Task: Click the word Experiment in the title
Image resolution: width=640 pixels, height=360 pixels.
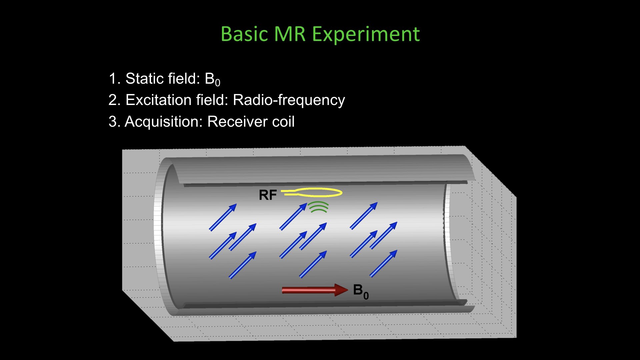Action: [366, 34]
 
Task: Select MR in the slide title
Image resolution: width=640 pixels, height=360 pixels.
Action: [290, 34]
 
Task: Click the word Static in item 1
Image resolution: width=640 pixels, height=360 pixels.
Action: [144, 79]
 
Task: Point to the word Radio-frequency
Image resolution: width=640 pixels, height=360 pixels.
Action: [289, 100]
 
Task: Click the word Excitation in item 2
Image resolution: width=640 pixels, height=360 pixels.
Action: [158, 100]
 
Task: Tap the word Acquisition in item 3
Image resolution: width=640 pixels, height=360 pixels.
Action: [163, 122]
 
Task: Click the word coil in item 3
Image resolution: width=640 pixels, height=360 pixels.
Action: [283, 122]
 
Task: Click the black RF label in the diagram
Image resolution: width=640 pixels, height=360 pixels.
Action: [268, 195]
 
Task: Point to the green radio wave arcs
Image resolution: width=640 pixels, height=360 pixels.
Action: [318, 207]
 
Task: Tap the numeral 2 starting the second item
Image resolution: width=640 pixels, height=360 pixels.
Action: [112, 100]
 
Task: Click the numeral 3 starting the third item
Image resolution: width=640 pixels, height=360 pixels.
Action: [112, 122]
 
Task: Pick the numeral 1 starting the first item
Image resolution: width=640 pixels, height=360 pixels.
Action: [112, 79]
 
